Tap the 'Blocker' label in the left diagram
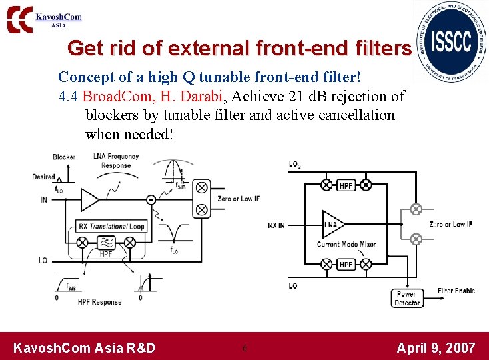click(64, 157)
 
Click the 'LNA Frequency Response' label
click(116, 161)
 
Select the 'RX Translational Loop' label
click(111, 227)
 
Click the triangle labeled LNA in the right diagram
click(333, 225)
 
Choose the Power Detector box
click(406, 298)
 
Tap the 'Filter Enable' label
click(456, 291)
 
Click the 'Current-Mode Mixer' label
click(346, 244)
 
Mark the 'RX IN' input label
click(276, 225)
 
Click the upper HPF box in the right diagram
click(346, 185)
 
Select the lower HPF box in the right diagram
click(346, 265)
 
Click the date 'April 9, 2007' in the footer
click(436, 347)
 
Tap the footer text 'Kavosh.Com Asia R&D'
click(85, 347)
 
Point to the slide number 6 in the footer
click(245, 348)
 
